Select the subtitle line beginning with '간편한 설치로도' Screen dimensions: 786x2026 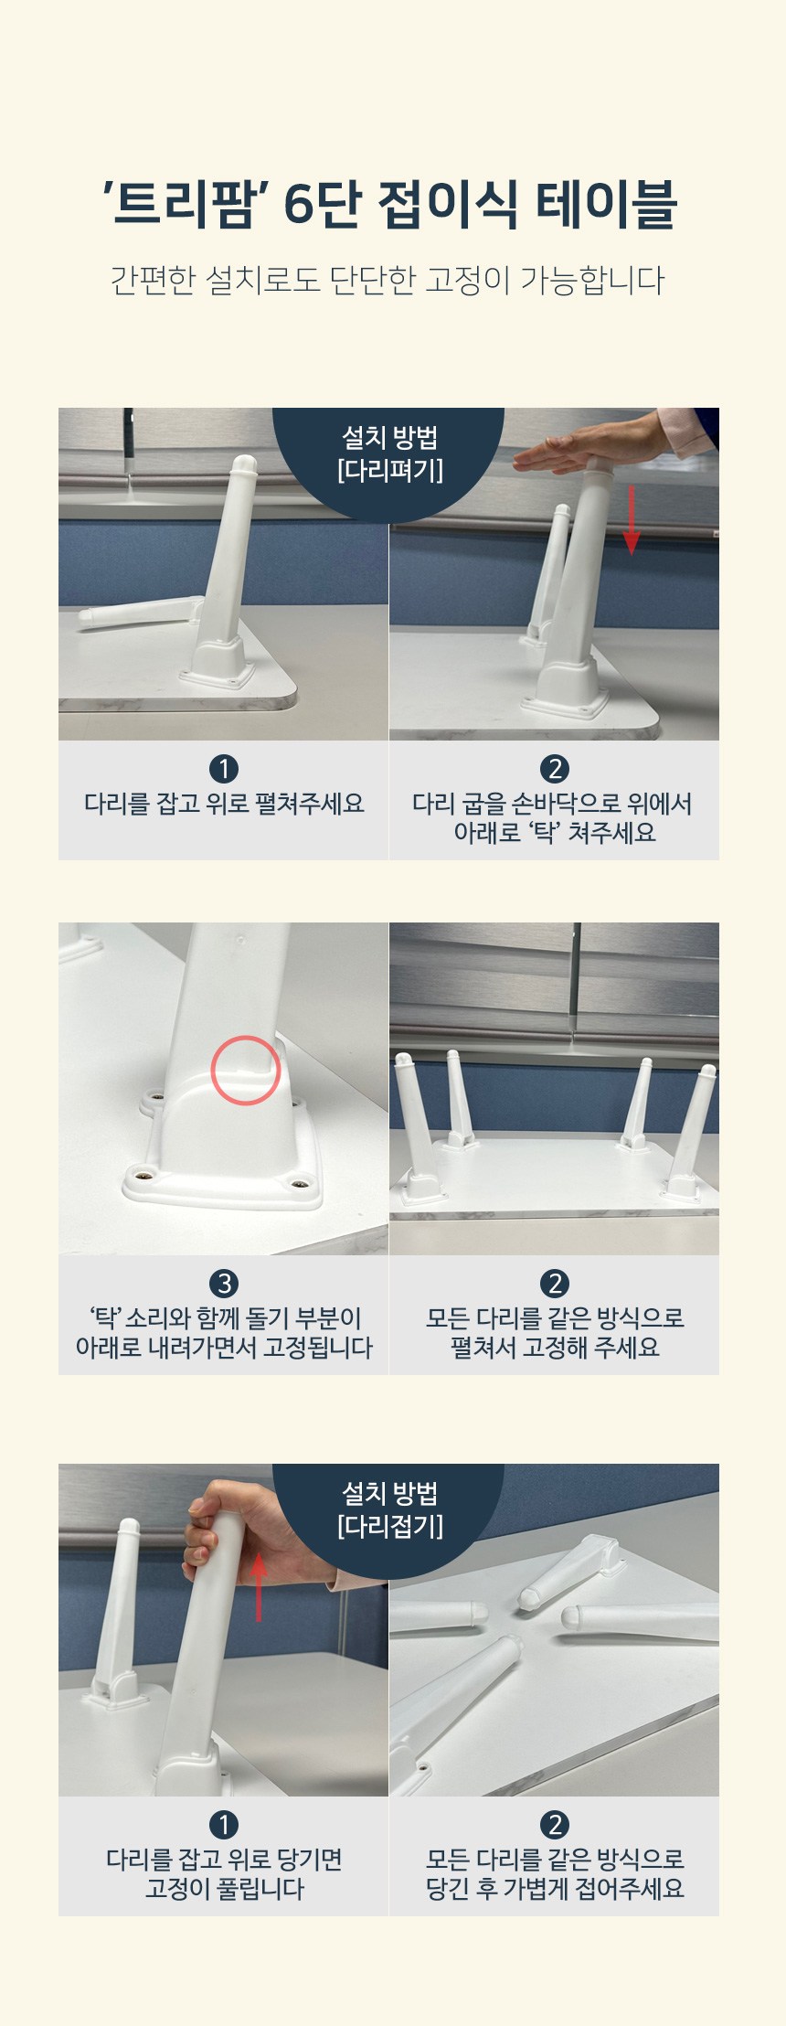pos(388,280)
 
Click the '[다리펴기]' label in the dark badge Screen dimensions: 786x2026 pos(389,471)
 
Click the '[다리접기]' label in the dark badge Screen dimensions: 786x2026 pos(389,1526)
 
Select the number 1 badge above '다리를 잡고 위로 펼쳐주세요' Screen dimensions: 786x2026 pos(224,769)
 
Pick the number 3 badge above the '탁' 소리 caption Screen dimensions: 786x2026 pos(224,1283)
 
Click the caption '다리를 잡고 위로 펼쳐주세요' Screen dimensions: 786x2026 pos(224,804)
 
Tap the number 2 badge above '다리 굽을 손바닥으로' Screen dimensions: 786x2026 pos(555,769)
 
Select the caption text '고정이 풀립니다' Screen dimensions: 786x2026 pos(224,1889)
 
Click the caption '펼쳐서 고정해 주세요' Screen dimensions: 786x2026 pos(555,1348)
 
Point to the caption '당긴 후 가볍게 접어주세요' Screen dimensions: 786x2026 pos(555,1889)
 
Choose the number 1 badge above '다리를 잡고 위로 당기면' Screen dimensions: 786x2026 pos(224,1824)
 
